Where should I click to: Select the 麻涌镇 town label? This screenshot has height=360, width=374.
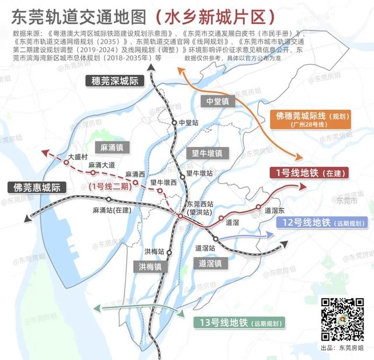[110, 147]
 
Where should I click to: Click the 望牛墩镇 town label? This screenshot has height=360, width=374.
[207, 153]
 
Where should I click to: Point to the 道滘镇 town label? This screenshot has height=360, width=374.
[209, 263]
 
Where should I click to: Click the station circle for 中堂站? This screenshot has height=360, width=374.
[174, 122]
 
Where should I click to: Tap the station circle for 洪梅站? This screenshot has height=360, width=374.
[168, 252]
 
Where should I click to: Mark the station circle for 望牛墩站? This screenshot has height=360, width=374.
[182, 174]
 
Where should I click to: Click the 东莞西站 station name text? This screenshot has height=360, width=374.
[199, 204]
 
